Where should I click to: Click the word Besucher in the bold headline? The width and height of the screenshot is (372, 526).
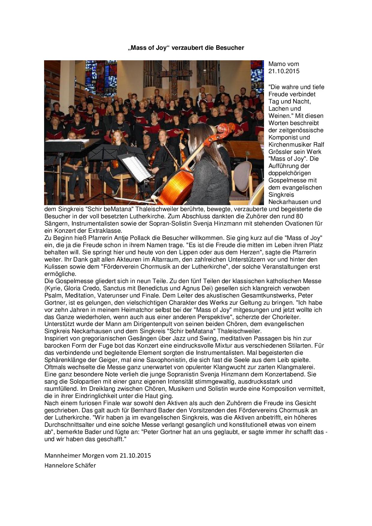(x=230, y=48)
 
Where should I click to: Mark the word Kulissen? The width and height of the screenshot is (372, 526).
(x=55, y=267)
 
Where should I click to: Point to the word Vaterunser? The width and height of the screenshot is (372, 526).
(x=113, y=296)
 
